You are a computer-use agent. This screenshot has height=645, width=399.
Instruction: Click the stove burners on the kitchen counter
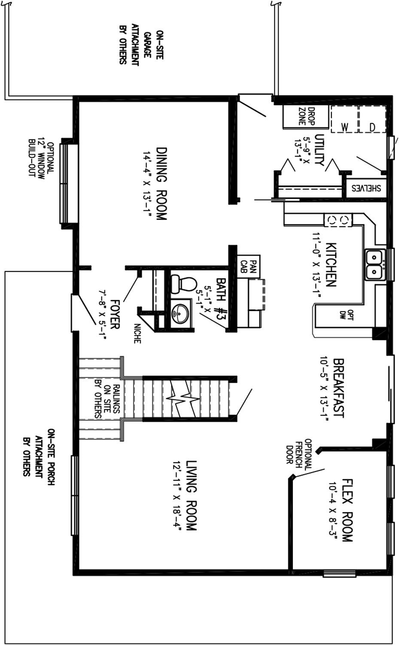338,221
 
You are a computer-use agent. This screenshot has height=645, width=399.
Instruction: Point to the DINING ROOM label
161,184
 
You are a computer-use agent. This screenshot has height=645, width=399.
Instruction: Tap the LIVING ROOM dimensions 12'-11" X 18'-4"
176,496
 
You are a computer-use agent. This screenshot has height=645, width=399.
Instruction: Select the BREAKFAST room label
339,388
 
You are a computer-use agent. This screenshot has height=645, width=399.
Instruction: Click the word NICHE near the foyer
137,333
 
